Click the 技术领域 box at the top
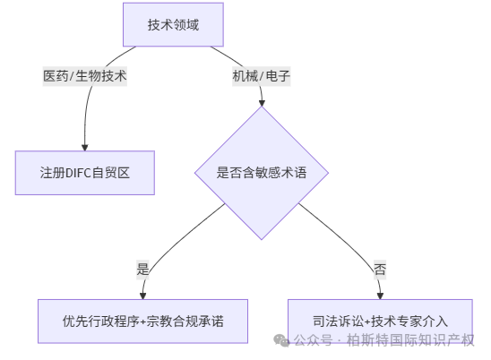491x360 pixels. [173, 25]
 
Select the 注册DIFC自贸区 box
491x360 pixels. [85, 172]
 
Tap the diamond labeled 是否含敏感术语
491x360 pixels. [262, 173]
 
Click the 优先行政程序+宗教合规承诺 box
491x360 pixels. [142, 321]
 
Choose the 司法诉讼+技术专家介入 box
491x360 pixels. [380, 321]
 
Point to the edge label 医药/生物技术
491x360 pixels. [85, 76]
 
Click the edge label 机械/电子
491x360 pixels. [262, 76]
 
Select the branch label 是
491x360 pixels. [142, 268]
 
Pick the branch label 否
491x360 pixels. [380, 268]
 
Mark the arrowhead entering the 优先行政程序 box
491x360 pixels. [142, 294]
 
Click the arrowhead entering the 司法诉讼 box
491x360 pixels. [380, 294]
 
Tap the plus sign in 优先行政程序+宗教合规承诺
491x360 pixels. [143, 321]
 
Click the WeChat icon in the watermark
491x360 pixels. [281, 340]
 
